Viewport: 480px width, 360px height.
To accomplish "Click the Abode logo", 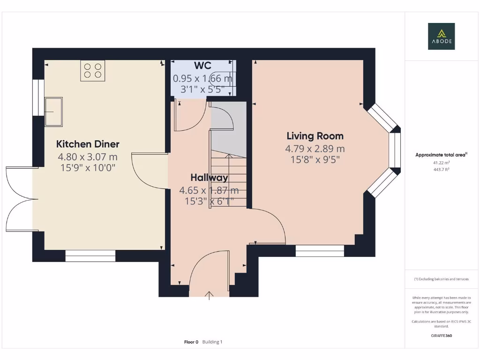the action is point(441,36).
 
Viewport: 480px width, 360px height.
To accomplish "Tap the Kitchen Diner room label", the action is point(88,144).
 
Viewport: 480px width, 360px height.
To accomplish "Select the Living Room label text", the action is point(315,136).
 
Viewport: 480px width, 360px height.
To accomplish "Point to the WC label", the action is point(202,66).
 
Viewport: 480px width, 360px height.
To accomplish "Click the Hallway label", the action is point(210,178).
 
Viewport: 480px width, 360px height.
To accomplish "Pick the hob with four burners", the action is point(93,71).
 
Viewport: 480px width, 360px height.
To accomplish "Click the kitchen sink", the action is point(53,112).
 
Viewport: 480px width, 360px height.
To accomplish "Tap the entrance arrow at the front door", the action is point(209,296).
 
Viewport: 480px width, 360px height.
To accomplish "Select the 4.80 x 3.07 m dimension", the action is point(88,157).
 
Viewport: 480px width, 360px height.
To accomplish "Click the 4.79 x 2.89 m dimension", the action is point(315,149).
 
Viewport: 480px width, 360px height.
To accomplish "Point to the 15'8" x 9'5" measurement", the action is point(315,159).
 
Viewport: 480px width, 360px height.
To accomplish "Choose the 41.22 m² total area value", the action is point(442,163).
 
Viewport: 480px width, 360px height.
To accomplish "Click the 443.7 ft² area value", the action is point(442,169).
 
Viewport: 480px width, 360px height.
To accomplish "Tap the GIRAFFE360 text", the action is point(442,336).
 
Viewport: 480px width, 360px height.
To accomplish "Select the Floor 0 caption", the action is point(191,342).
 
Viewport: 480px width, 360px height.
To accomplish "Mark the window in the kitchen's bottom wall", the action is point(90,256).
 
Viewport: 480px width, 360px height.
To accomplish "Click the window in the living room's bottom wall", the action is point(320,251).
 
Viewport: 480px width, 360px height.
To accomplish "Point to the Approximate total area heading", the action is point(441,155).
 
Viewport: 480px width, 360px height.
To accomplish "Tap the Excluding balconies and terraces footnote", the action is point(442,279).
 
